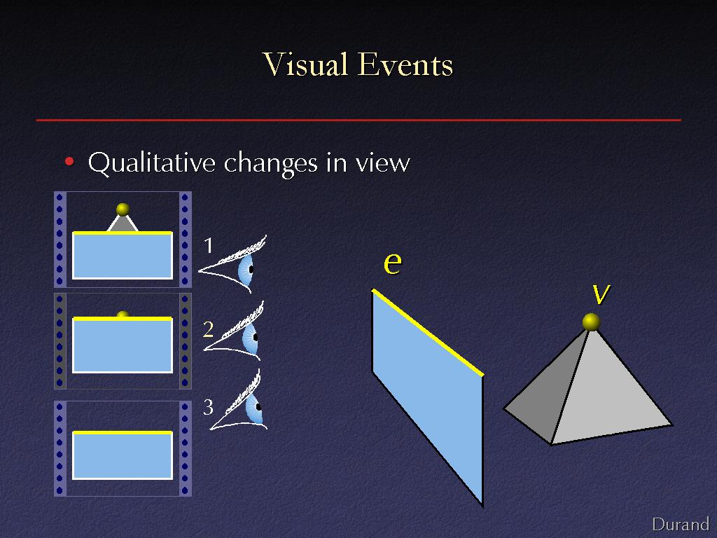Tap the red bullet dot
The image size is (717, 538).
point(69,161)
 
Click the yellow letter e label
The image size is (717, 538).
point(392,263)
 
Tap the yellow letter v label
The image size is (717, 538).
point(601,294)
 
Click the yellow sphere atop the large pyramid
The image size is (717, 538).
point(591,322)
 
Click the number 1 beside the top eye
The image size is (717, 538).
point(209,245)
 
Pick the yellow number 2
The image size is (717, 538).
point(208,329)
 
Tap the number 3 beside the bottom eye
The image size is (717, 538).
point(209,407)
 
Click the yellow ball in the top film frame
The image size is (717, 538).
point(123,209)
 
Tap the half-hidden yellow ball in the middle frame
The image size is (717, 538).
point(123,315)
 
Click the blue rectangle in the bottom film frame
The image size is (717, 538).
point(123,455)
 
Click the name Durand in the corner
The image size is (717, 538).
point(681,524)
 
